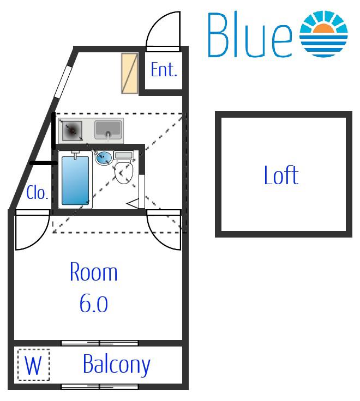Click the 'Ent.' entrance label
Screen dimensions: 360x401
click(x=164, y=70)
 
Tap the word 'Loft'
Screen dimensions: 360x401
click(x=281, y=175)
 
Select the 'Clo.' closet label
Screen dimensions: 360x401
click(x=37, y=192)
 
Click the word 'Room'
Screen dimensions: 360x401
click(x=94, y=272)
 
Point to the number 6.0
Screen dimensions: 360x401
click(x=94, y=303)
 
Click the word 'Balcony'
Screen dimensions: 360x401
click(x=117, y=365)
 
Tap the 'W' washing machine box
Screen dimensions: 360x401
click(x=33, y=365)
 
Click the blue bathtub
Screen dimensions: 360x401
click(x=75, y=180)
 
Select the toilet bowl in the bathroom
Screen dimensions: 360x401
click(x=124, y=172)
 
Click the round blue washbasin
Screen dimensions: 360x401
click(x=104, y=158)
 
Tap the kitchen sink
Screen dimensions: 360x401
click(x=108, y=130)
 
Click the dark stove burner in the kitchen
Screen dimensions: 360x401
click(x=72, y=131)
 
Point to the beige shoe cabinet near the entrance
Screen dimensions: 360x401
click(x=130, y=73)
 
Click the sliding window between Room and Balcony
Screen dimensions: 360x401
click(x=100, y=343)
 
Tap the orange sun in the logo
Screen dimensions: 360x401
click(x=323, y=29)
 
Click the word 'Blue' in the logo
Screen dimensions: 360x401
click(x=250, y=35)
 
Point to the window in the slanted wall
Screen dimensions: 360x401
click(x=63, y=82)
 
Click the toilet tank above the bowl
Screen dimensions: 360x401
click(x=124, y=155)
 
